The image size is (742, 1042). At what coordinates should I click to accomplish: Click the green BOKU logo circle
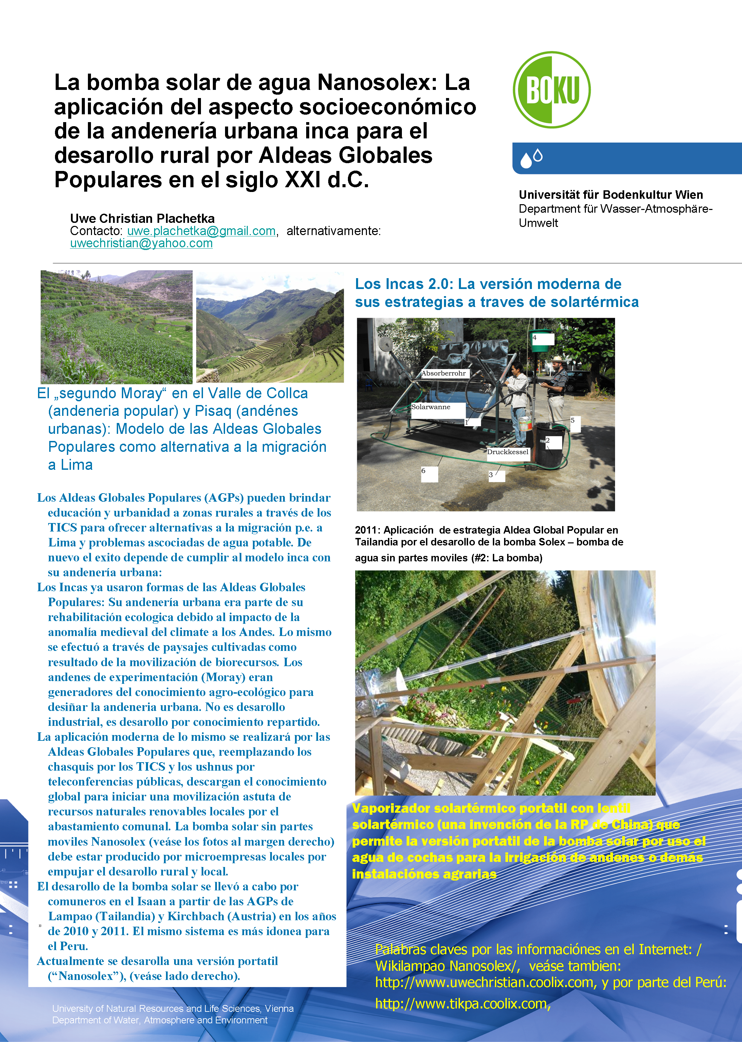552,90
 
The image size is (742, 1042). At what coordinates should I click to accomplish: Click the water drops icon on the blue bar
531,158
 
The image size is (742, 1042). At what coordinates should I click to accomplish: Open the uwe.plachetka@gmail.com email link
201,231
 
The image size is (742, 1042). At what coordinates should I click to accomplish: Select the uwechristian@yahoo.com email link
141,244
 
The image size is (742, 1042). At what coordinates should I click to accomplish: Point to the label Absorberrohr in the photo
443,373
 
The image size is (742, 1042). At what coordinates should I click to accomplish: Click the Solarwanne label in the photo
430,407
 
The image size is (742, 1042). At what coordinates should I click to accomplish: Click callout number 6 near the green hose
424,471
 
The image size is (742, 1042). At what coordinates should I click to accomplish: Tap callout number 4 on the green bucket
535,338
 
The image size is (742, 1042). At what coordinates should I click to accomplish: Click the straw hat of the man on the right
557,359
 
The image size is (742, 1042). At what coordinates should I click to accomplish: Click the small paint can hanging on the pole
525,423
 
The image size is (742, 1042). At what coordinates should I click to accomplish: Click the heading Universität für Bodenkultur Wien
610,195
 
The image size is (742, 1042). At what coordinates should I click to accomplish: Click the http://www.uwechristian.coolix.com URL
484,982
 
